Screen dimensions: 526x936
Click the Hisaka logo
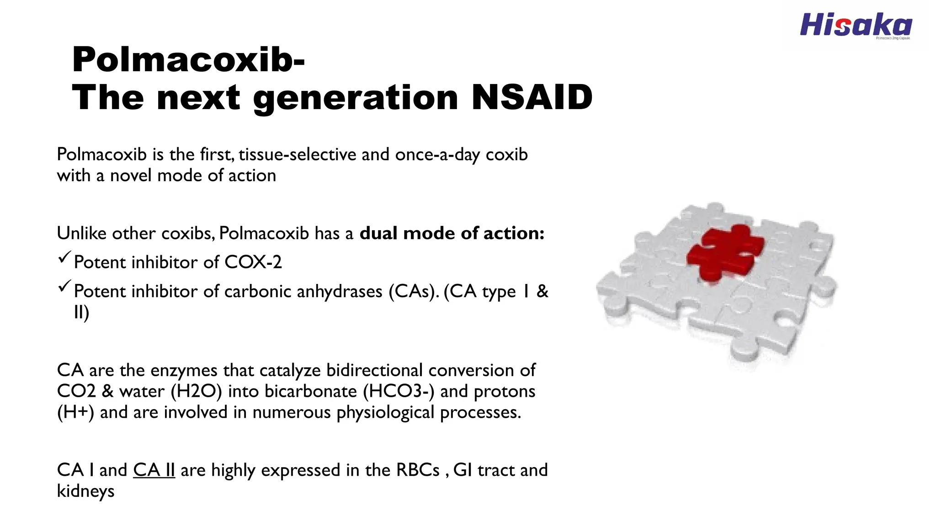pyautogui.click(x=856, y=26)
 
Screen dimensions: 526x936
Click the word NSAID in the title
pyautogui.click(x=532, y=97)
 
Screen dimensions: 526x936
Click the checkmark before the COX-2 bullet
pyautogui.click(x=64, y=258)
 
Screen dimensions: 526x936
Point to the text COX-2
pyautogui.click(x=253, y=262)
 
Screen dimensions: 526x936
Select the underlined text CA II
pyautogui.click(x=154, y=470)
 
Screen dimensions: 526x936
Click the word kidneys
pyautogui.click(x=85, y=491)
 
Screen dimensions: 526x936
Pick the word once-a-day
pyautogui.click(x=438, y=154)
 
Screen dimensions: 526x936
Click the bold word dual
pyautogui.click(x=379, y=233)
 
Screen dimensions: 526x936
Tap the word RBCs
pyautogui.click(x=418, y=470)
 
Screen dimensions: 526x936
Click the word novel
pyautogui.click(x=131, y=175)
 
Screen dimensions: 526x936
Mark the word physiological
pyautogui.click(x=385, y=412)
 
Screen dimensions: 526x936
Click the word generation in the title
pyautogui.click(x=356, y=97)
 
